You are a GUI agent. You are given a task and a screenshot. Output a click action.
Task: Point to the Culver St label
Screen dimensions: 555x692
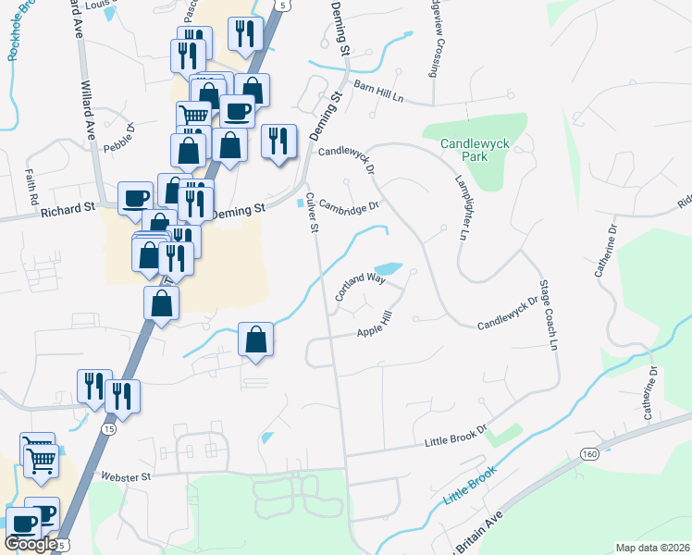312,213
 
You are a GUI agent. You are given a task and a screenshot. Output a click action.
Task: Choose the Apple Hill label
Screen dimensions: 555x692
376,325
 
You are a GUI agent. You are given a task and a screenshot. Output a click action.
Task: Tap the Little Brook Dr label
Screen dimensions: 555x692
455,437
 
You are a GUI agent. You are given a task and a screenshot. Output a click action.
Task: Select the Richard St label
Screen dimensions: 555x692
68,210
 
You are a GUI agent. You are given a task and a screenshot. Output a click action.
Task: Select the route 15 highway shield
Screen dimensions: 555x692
109,429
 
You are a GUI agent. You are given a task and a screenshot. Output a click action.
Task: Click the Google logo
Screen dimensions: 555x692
30,544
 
